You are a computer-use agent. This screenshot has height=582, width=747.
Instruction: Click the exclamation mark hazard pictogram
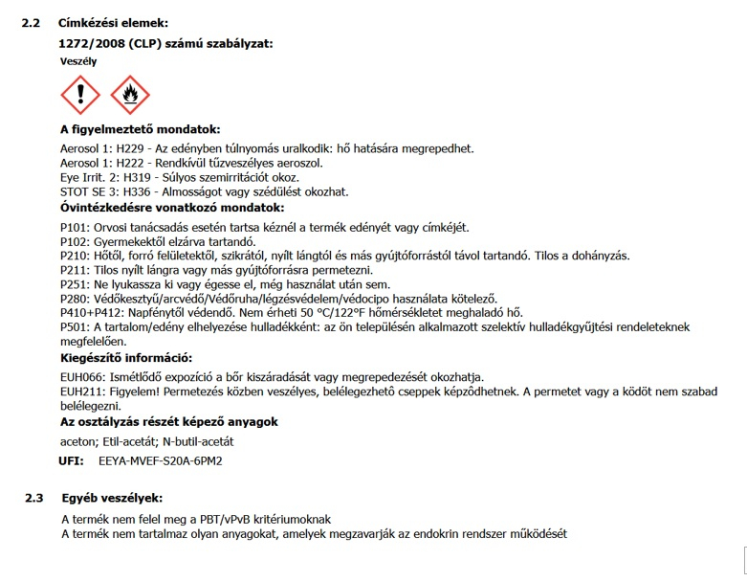(x=80, y=96)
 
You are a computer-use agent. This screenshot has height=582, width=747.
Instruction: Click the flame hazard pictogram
(x=130, y=96)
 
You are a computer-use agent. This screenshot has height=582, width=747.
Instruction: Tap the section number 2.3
(x=33, y=498)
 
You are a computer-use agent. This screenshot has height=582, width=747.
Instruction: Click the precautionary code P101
(x=74, y=227)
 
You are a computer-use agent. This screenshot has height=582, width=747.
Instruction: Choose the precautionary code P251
(x=74, y=284)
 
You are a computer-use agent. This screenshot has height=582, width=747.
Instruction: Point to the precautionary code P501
(x=74, y=326)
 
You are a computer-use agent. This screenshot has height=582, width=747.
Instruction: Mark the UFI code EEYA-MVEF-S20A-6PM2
(x=160, y=461)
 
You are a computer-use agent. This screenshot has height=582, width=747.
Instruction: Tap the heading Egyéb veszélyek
(x=112, y=498)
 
